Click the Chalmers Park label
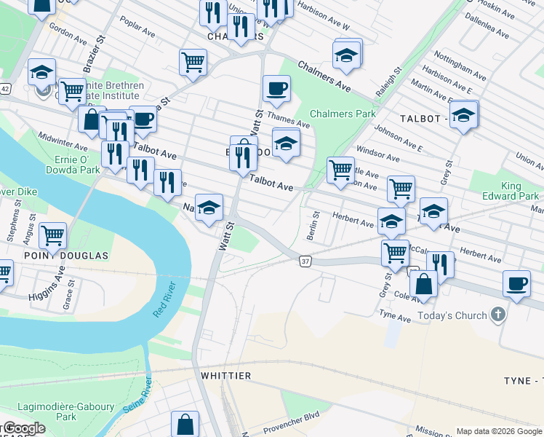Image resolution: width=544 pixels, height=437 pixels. [x=343, y=114]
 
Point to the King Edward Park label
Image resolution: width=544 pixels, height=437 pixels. [x=510, y=190]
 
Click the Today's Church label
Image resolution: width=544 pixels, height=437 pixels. [x=451, y=316]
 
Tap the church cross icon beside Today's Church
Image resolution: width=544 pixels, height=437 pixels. [x=497, y=315]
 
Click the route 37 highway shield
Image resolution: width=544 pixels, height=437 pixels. [x=305, y=261]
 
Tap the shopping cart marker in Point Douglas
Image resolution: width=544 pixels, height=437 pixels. [x=52, y=235]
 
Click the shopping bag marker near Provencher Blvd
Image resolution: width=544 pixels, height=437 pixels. [x=185, y=423]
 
